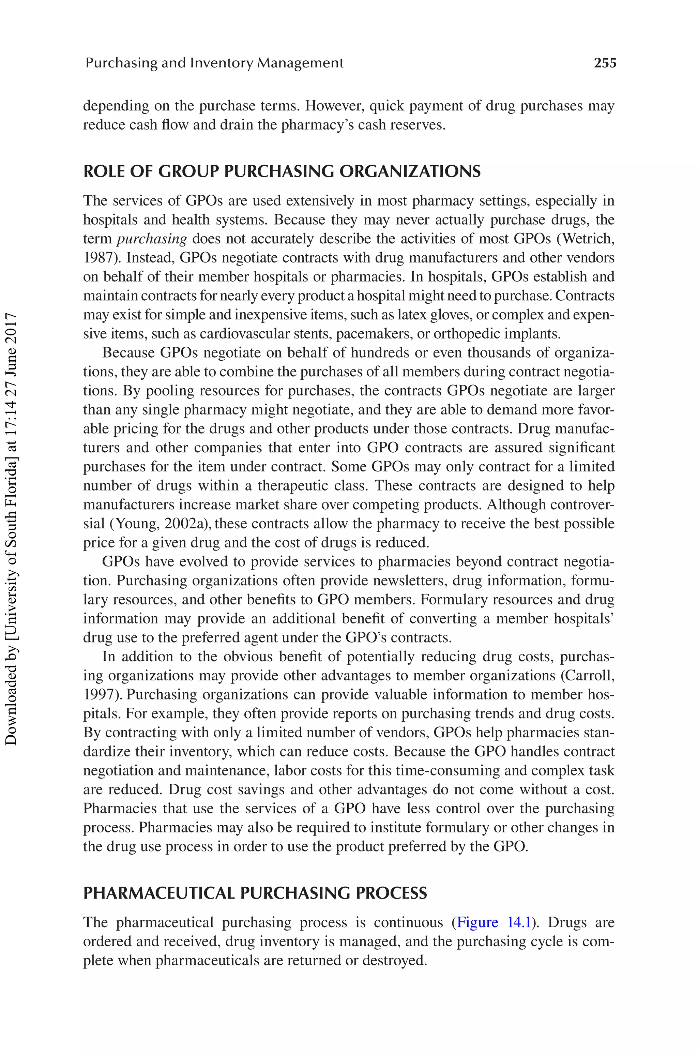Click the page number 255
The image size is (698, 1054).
605,63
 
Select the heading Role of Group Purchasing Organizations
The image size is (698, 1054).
282,171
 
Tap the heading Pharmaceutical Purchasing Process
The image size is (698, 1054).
255,893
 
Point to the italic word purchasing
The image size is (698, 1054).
151,239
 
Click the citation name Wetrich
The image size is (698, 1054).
587,239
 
